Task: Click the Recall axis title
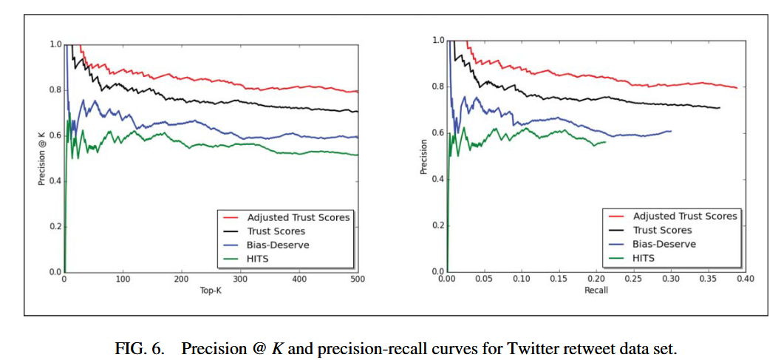(596, 291)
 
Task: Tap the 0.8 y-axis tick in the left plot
(56, 90)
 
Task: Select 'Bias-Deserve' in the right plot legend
(664, 244)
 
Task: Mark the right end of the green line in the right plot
(606, 142)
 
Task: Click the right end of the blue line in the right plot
(671, 131)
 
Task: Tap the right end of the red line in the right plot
(737, 88)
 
